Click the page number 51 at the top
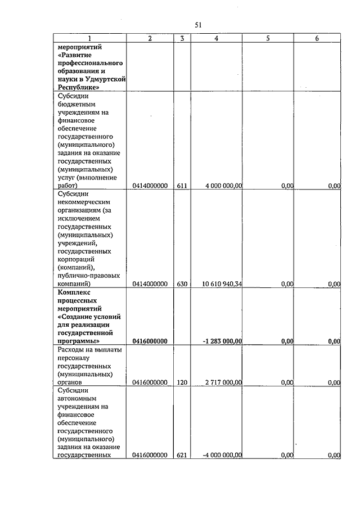(x=198, y=24)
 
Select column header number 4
(x=217, y=38)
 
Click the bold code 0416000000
(x=150, y=341)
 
